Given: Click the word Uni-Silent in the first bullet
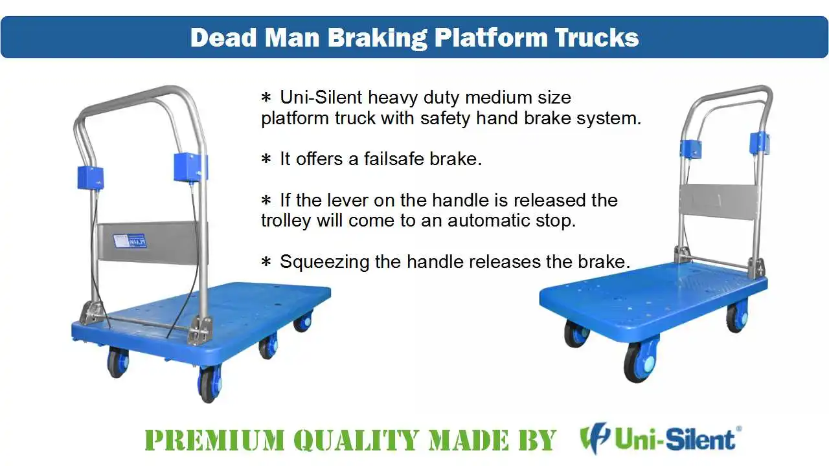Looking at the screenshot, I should (321, 98).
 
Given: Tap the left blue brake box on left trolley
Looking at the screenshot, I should (90, 177).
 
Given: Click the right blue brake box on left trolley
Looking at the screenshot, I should (190, 167).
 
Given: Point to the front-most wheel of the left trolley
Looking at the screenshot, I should (209, 383).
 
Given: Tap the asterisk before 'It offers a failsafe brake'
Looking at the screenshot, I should (266, 159).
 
